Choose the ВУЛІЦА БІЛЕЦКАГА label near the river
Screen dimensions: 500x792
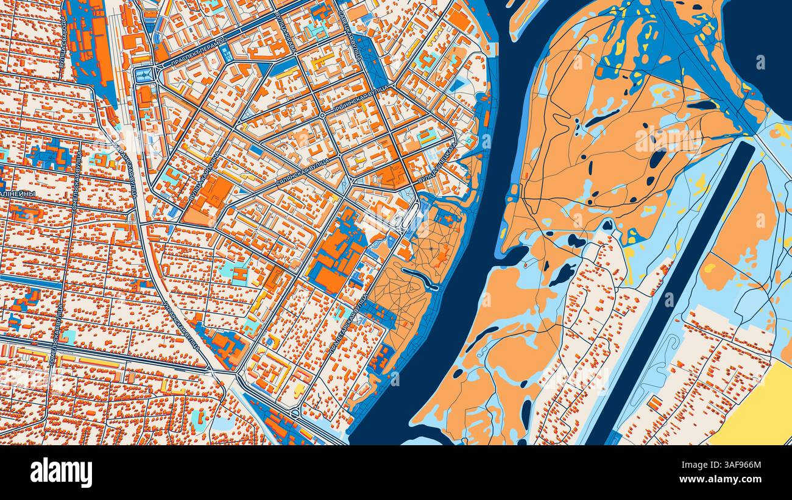pos(437,164)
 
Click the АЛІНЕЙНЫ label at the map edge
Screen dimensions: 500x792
pos(17,194)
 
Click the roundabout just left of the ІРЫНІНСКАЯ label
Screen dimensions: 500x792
pos(322,114)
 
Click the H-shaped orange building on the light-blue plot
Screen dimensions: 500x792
pos(239,275)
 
